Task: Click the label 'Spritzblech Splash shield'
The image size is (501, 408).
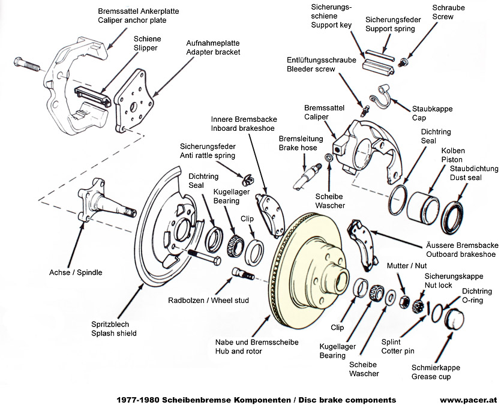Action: tap(114, 328)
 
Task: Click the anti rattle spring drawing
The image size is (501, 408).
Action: tap(245, 178)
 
